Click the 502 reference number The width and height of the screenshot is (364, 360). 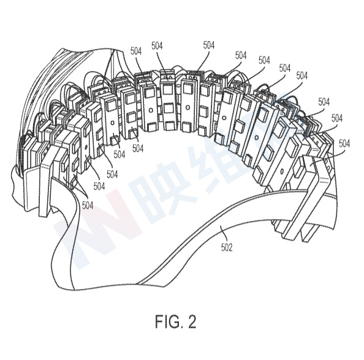pos(227,247)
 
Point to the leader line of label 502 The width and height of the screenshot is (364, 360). pos(222,234)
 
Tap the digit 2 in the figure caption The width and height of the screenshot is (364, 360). pos(192,321)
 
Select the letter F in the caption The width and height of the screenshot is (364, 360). pos(159,321)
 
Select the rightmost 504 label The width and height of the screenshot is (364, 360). pos(344,144)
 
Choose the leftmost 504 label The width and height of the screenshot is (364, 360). pos(88,205)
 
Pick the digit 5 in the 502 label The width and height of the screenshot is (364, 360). pos(223,247)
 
